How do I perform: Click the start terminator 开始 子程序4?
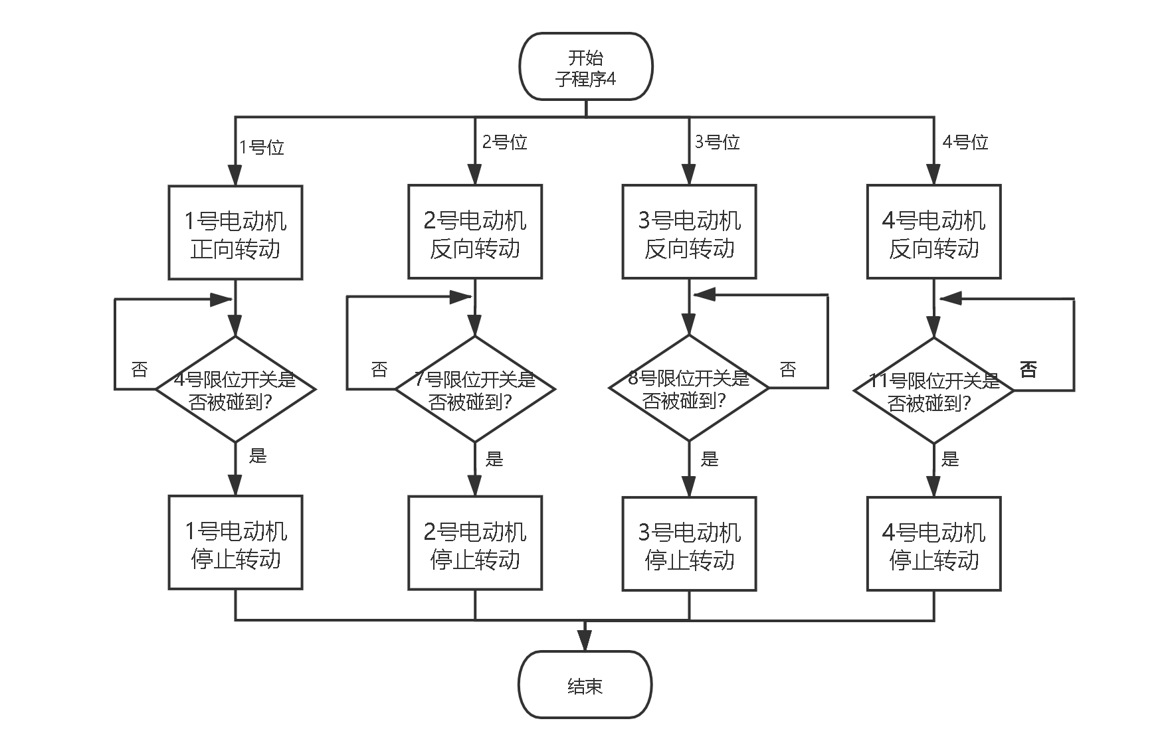point(585,67)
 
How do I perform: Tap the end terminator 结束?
point(585,685)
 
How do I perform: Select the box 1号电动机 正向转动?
point(235,233)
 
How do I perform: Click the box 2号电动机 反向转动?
point(474,233)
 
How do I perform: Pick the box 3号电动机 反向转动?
point(689,233)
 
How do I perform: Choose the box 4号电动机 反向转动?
point(933,233)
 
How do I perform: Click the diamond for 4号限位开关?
point(235,390)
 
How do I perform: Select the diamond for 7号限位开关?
point(474,390)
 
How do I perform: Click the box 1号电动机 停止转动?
point(235,543)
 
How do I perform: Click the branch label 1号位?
point(262,147)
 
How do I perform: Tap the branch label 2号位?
point(505,142)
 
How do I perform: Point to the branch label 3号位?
point(718,142)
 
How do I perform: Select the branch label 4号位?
point(965,142)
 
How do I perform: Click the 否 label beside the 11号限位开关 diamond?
point(1028,369)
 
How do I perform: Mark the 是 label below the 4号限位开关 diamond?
point(258,456)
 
